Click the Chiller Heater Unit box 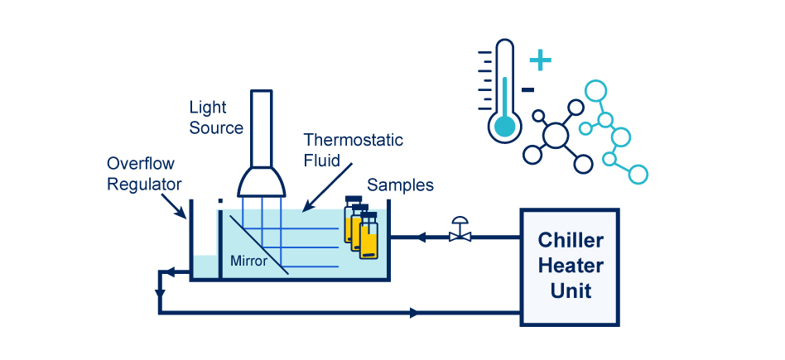click(570, 266)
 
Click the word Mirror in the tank click(249, 262)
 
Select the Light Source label click(216, 118)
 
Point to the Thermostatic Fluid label click(353, 150)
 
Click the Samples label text click(400, 185)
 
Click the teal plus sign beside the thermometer click(540, 60)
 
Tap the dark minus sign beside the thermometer click(528, 89)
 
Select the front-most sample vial click(368, 238)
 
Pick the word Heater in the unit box click(570, 266)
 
